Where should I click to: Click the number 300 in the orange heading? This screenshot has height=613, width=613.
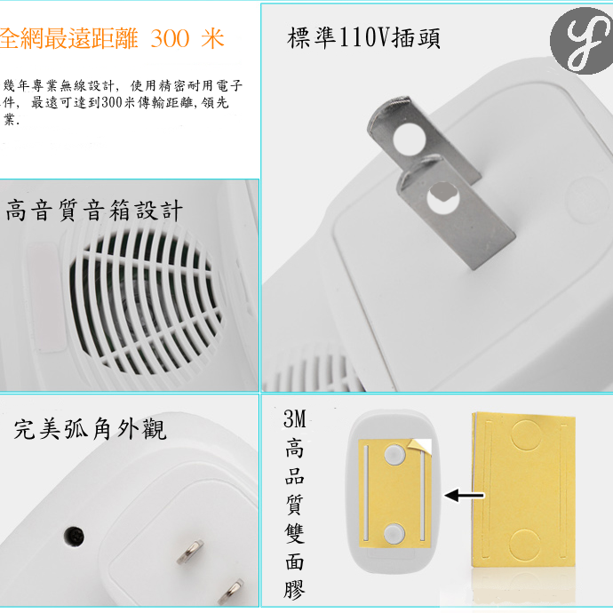171,39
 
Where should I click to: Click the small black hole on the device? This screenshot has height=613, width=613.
74,536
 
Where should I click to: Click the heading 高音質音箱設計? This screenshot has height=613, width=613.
93,211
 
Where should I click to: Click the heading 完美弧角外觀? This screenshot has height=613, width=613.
90,430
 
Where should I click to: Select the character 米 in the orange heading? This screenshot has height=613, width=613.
212,39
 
